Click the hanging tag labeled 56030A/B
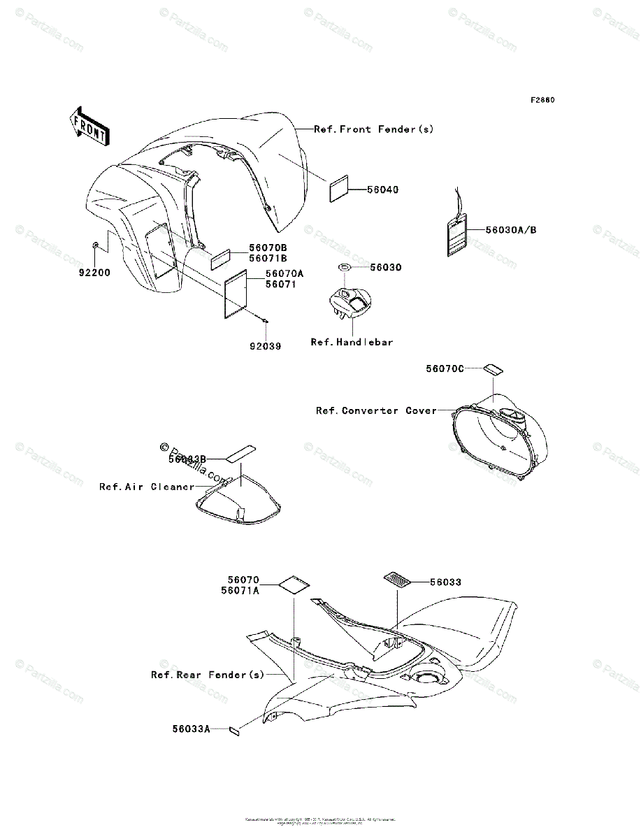tap(456, 235)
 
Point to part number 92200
tap(94, 273)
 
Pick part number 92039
tap(266, 346)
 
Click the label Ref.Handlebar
tap(352, 343)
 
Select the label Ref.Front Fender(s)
tap(374, 129)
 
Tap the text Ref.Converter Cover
tap(376, 411)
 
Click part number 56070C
tap(445, 368)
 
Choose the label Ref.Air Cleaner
tap(147, 487)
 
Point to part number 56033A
tap(192, 729)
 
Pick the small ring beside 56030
tap(345, 268)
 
